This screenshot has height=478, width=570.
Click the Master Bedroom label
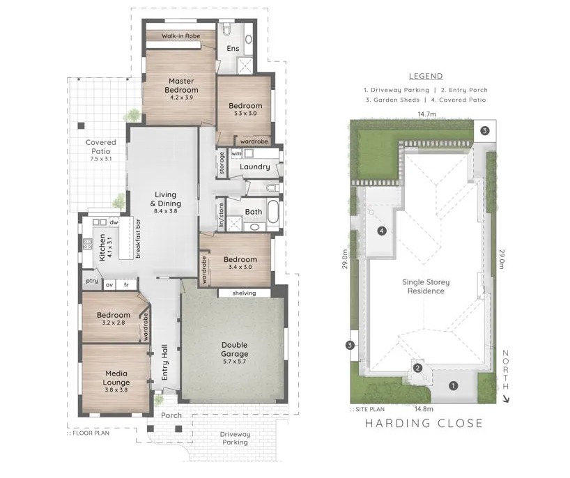(181, 86)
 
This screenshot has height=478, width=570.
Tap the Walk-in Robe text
(180, 36)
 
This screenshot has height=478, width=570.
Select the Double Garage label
(234, 349)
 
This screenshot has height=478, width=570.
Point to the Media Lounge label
(116, 378)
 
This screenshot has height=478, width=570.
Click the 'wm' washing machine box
(236, 154)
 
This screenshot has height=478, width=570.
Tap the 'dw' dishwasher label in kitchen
(114, 222)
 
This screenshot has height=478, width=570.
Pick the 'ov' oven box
(109, 285)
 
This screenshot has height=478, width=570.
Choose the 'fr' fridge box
(126, 285)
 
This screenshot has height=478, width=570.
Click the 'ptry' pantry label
(92, 281)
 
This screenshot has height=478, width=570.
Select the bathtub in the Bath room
(273, 212)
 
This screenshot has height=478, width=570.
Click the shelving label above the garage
(244, 293)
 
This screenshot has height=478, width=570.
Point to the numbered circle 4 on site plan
(382, 231)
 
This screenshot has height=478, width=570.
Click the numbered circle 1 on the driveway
(453, 385)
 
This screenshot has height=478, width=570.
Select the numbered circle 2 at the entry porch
(418, 368)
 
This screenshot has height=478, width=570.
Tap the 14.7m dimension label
(426, 114)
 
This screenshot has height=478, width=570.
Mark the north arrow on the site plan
(504, 399)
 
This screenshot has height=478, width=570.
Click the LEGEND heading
(426, 77)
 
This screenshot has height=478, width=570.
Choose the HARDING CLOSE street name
(424, 423)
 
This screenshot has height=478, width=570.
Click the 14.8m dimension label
(424, 409)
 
